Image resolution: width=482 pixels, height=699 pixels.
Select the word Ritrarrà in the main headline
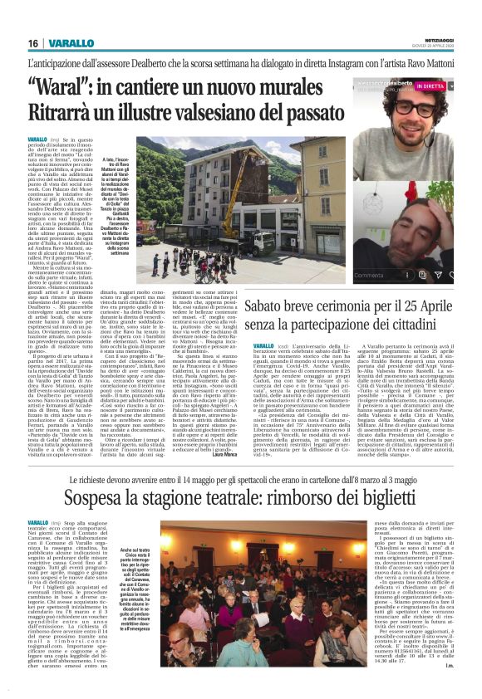[x=61, y=112]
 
